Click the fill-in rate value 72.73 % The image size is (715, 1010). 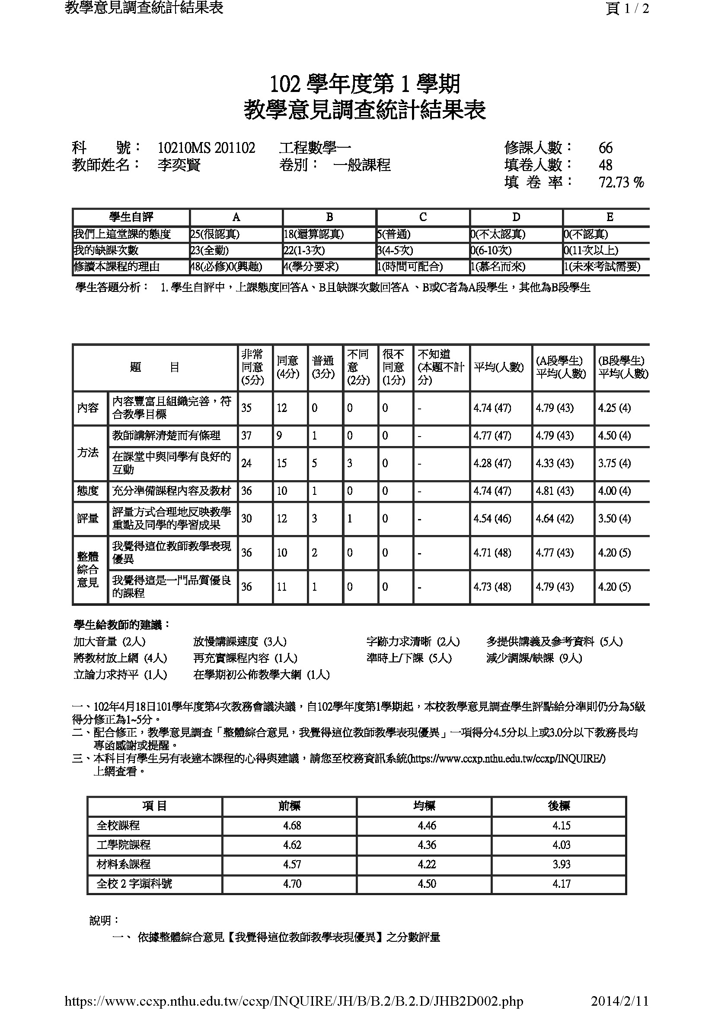click(621, 182)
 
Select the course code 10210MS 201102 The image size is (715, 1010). click(207, 148)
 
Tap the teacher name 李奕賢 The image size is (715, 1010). click(179, 165)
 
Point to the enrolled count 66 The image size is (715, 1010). click(605, 148)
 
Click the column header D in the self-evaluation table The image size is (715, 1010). click(516, 217)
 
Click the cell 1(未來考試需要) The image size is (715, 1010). click(602, 266)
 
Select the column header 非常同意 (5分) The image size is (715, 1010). click(253, 367)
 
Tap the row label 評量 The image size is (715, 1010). click(88, 519)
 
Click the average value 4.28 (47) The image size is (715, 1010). click(492, 463)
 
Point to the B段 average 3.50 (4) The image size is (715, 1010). click(614, 519)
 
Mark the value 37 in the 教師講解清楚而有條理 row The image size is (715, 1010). click(246, 436)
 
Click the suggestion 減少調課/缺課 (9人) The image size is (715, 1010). click(534, 658)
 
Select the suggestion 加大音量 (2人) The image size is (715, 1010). click(110, 642)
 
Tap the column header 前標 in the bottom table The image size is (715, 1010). click(289, 806)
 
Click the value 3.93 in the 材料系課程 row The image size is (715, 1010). click(562, 864)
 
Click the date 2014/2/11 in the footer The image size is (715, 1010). click(619, 1001)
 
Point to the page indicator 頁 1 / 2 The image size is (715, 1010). click(627, 9)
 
